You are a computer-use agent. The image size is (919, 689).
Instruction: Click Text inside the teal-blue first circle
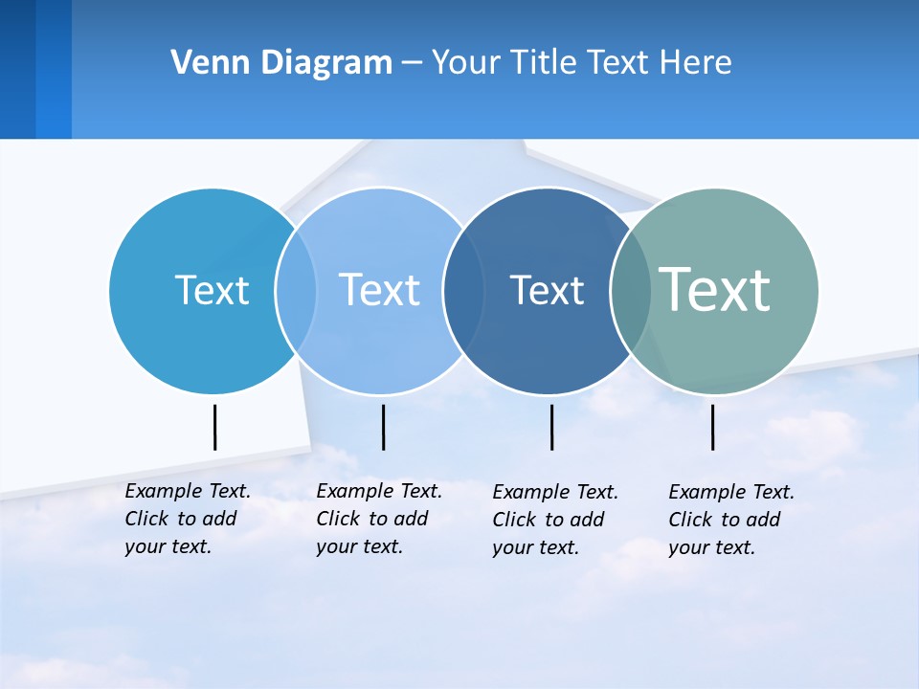pos(212,289)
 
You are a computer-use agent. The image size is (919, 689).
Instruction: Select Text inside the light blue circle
pos(379,289)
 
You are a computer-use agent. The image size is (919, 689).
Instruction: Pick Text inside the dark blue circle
pos(547,289)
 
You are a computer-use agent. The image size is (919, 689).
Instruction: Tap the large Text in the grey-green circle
pos(714,289)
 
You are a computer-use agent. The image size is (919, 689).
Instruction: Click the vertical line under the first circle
pos(214,427)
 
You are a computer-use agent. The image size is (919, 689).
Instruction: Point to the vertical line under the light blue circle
pos(383,427)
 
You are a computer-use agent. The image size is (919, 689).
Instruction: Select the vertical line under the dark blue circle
pos(551,427)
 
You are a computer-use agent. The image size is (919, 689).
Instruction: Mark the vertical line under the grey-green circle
pos(712,427)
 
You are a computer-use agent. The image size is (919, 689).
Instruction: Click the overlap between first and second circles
pos(296,290)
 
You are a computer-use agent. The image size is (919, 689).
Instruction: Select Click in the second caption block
pos(338,519)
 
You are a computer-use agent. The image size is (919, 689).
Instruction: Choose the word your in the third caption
pos(512,547)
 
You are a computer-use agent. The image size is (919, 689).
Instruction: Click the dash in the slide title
pos(412,63)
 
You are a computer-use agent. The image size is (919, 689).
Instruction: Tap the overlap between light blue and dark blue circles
pos(461,290)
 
